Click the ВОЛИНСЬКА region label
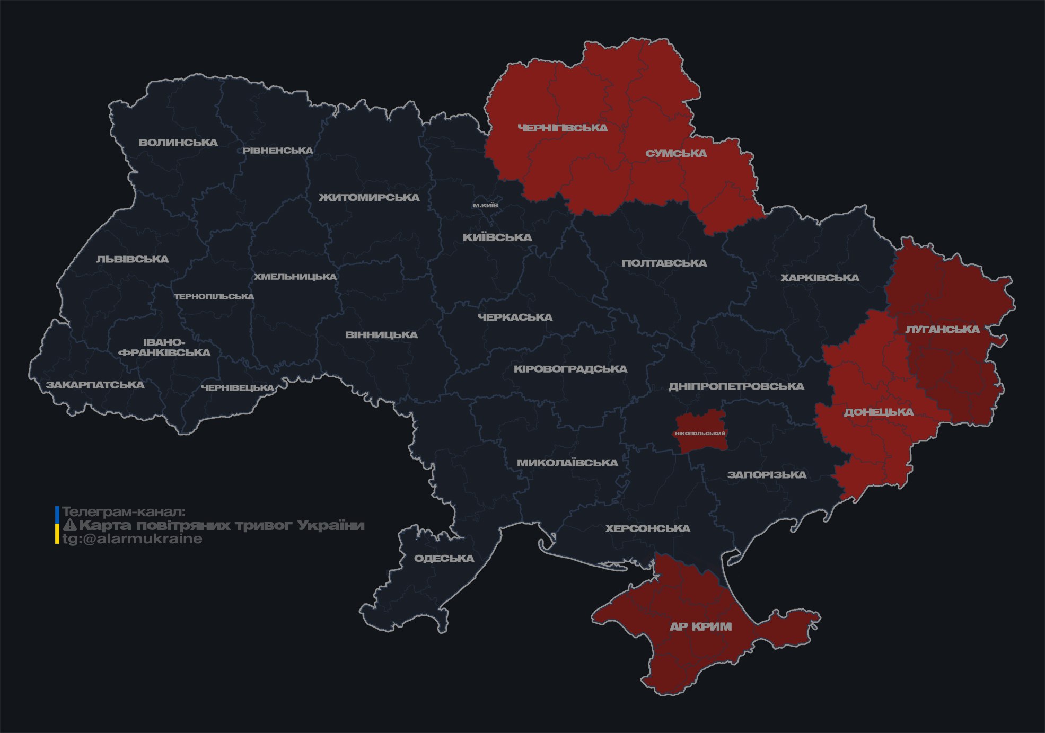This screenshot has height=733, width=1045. pyautogui.click(x=178, y=143)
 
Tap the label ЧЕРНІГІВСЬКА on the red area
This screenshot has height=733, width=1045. pyautogui.click(x=563, y=128)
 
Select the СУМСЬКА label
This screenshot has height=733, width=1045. pyautogui.click(x=676, y=154)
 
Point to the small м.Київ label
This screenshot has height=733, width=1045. pyautogui.click(x=485, y=205)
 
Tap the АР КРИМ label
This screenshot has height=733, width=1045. pyautogui.click(x=700, y=626)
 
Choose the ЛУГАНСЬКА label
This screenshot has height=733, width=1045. pyautogui.click(x=942, y=330)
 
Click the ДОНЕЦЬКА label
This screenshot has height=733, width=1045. pyautogui.click(x=879, y=412)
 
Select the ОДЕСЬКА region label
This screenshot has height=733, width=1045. pyautogui.click(x=444, y=558)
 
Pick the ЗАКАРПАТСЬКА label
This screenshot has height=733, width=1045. pyautogui.click(x=95, y=385)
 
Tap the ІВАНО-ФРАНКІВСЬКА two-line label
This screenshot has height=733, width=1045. pyautogui.click(x=164, y=347)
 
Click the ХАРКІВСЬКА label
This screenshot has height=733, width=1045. pyautogui.click(x=820, y=278)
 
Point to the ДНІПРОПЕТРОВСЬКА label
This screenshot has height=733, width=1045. pyautogui.click(x=736, y=386)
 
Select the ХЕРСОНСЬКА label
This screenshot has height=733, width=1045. pyautogui.click(x=647, y=528)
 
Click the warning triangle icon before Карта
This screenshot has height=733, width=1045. pyautogui.click(x=69, y=525)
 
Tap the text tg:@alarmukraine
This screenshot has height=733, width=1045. pyautogui.click(x=132, y=539)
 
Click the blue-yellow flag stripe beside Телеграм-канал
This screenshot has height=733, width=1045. pyautogui.click(x=57, y=525)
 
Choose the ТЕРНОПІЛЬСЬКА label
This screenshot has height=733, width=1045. pyautogui.click(x=214, y=296)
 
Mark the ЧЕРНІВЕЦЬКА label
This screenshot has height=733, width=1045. pyautogui.click(x=237, y=388)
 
